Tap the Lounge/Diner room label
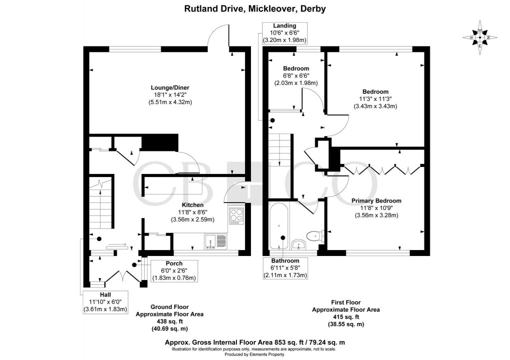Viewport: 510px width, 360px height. click(170, 87)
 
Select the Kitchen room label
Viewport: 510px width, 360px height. click(192, 205)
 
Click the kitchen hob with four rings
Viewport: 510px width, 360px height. click(236, 215)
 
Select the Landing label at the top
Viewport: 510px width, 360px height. click(284, 25)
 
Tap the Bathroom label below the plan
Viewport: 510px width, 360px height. click(285, 260)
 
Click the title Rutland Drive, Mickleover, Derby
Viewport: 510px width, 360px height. click(254, 9)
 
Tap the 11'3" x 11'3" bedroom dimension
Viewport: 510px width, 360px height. click(375, 99)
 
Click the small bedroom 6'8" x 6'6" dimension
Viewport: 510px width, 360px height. click(296, 76)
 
